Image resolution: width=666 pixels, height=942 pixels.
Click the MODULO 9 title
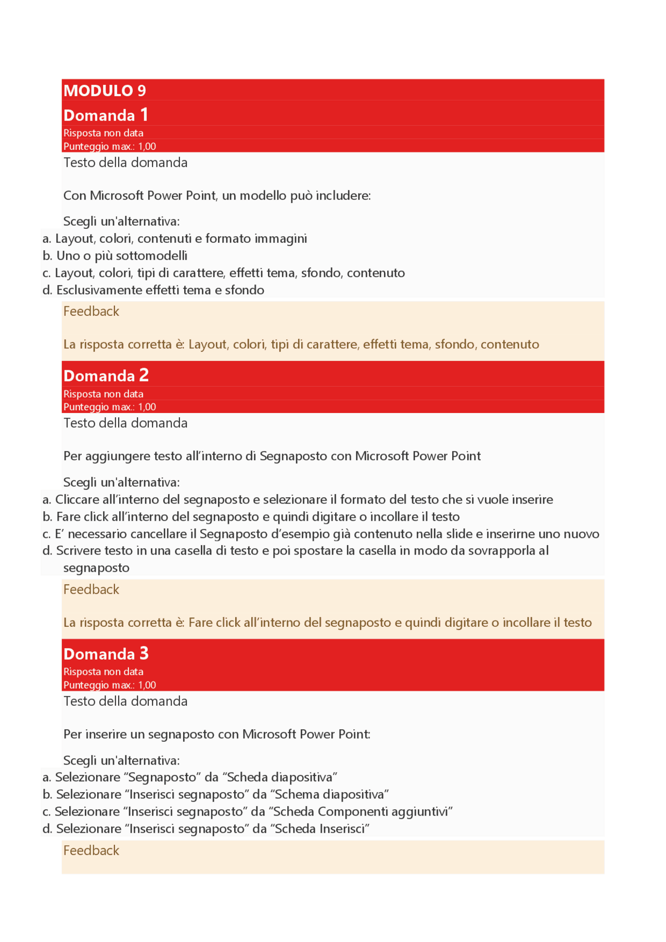[105, 91]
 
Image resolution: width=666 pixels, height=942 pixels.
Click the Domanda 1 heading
[106, 115]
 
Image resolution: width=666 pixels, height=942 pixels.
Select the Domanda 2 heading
[106, 376]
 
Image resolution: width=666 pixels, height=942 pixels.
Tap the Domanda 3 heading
[106, 654]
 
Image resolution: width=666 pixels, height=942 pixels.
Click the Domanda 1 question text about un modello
[217, 196]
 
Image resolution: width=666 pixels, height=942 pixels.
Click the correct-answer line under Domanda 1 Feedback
[301, 344]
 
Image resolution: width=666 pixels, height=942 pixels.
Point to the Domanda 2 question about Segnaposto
[272, 456]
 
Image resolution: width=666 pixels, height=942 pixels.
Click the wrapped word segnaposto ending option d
[96, 567]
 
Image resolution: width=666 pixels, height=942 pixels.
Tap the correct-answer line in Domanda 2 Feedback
[327, 623]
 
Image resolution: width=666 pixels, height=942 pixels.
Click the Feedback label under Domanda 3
[91, 850]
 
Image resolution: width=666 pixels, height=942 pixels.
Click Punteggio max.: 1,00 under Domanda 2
[109, 407]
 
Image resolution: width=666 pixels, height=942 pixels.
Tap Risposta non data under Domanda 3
[103, 672]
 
